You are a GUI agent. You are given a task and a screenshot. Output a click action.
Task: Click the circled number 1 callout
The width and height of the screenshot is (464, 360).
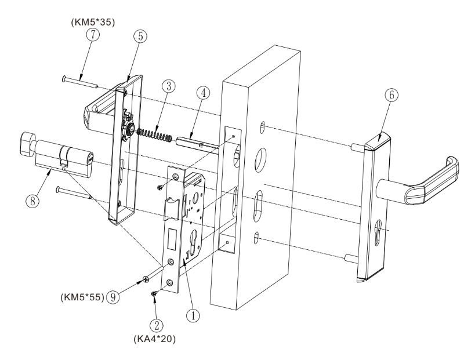pos(195,315)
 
